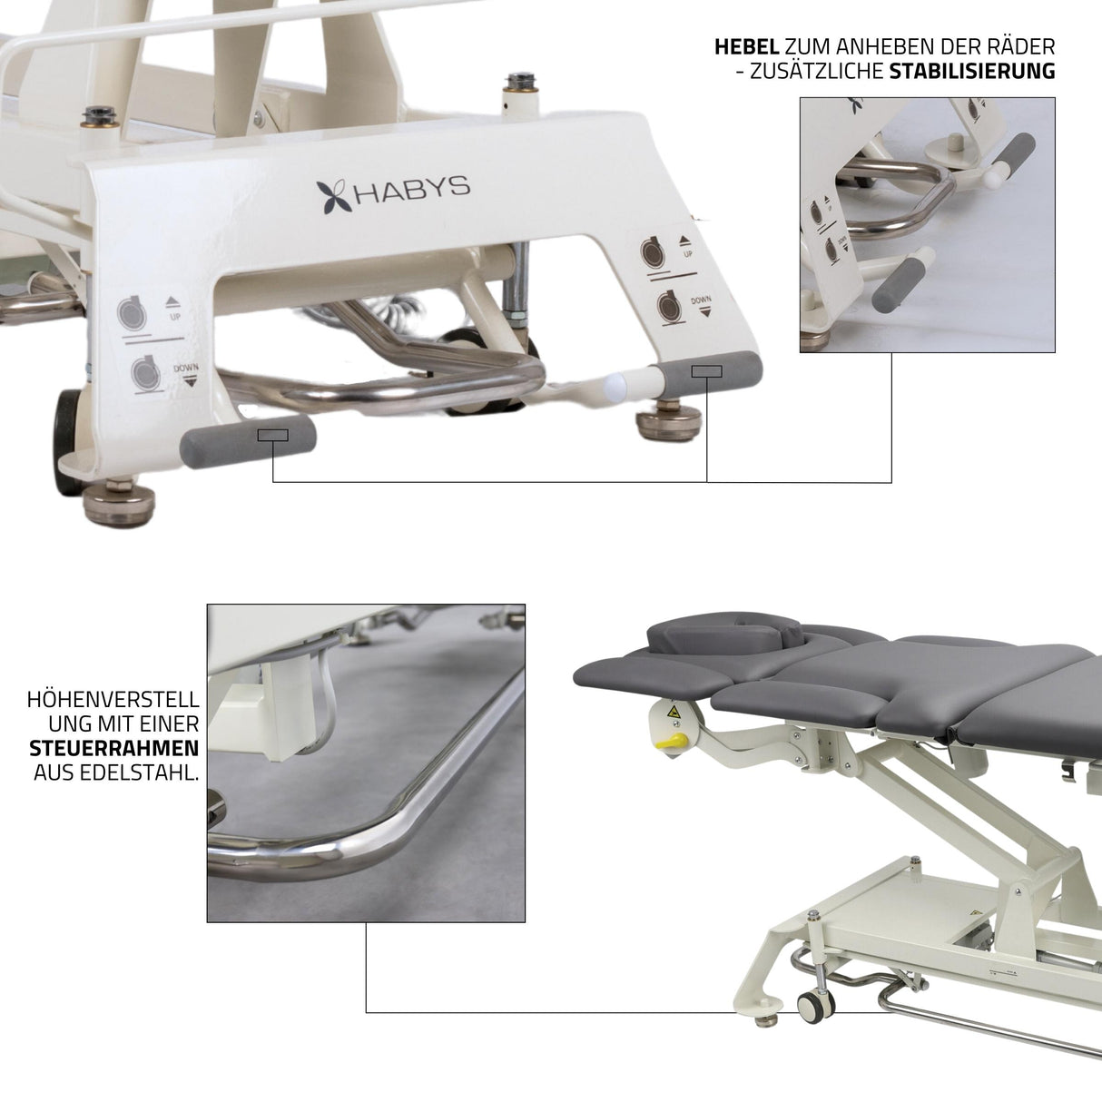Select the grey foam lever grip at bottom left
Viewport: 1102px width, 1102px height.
(x=248, y=442)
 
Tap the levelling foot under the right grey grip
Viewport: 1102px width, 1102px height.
(x=669, y=422)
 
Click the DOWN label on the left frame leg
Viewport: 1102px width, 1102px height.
(x=185, y=370)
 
